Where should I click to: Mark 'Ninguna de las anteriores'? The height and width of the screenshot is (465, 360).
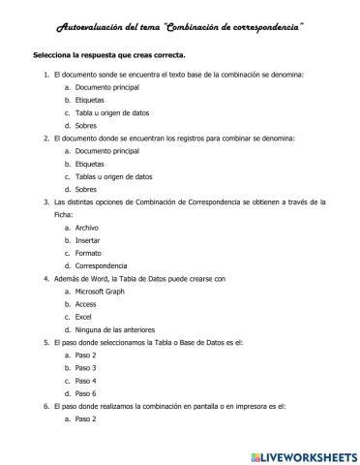(x=115, y=329)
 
